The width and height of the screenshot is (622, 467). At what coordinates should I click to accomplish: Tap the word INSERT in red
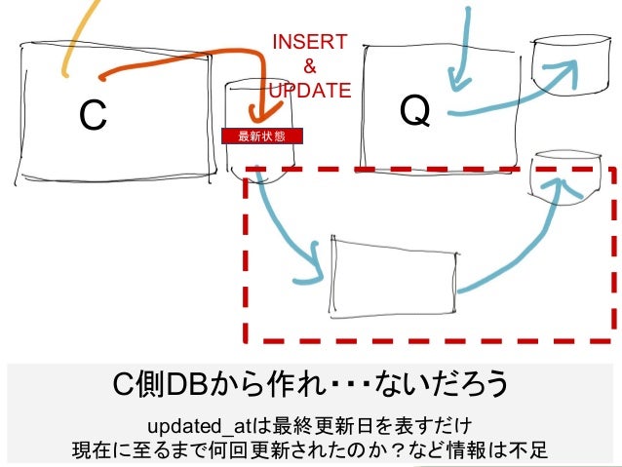(309, 42)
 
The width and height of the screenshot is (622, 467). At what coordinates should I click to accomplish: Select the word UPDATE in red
(309, 91)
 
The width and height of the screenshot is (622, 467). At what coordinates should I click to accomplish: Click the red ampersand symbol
(310, 66)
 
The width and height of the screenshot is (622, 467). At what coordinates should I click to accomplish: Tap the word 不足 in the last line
(530, 450)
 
